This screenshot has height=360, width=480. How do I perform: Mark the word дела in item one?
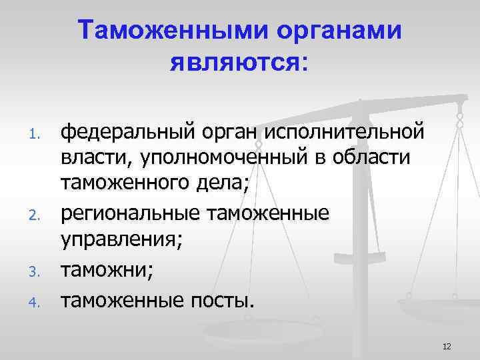pyautogui.click(x=225, y=187)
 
